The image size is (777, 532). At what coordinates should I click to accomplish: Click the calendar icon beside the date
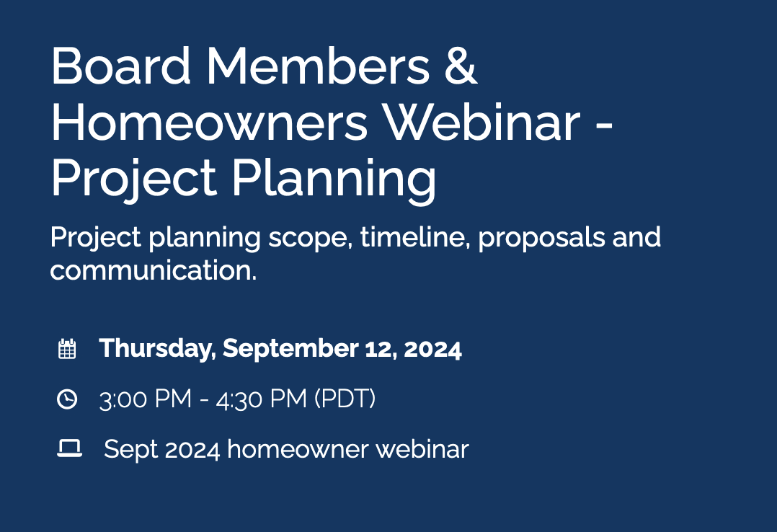click(x=67, y=349)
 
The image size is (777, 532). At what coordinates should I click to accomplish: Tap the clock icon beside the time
click(x=67, y=399)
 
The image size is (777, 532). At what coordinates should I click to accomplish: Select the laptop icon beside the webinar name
click(x=69, y=448)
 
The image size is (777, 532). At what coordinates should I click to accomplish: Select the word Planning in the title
click(x=334, y=178)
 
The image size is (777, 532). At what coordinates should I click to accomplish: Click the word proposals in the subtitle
click(x=541, y=239)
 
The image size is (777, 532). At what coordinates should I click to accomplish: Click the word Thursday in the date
click(x=157, y=349)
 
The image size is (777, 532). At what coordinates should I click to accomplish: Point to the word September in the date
click(x=290, y=349)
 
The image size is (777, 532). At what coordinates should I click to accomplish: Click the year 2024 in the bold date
click(x=432, y=349)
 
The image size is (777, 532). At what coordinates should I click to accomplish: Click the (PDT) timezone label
click(x=345, y=399)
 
